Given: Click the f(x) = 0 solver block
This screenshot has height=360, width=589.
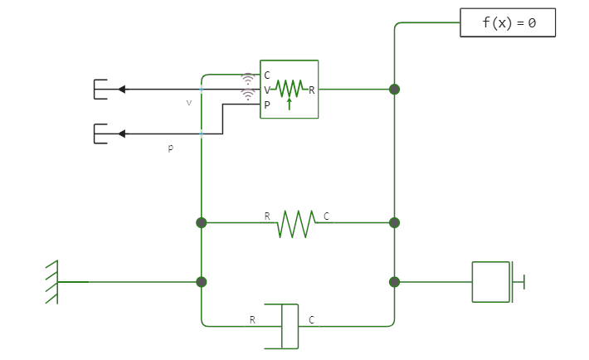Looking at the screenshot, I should pyautogui.click(x=508, y=23).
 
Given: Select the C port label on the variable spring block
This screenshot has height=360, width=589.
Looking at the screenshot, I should pyautogui.click(x=267, y=75).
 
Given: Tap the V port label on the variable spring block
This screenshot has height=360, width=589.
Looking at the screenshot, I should pyautogui.click(x=267, y=90).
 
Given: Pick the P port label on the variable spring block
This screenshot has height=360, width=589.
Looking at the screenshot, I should pyautogui.click(x=267, y=105).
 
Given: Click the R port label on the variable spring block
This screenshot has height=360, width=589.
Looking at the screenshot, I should pyautogui.click(x=312, y=90).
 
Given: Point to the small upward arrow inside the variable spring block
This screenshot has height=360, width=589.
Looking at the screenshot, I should pyautogui.click(x=289, y=104).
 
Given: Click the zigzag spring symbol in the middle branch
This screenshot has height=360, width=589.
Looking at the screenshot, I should pyautogui.click(x=296, y=223).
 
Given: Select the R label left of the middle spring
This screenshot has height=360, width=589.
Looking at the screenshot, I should pyautogui.click(x=267, y=216).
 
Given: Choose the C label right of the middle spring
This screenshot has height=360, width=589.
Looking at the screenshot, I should pyautogui.click(x=326, y=216).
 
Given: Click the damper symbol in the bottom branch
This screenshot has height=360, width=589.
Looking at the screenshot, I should pyautogui.click(x=290, y=326).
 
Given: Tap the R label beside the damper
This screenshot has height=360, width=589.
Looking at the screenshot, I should pyautogui.click(x=252, y=319).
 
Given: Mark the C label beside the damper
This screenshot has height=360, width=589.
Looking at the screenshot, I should pyautogui.click(x=312, y=319).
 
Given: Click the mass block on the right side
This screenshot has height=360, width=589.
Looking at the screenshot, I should pyautogui.click(x=491, y=282).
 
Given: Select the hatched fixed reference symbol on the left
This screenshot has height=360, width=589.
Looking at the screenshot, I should pyautogui.click(x=51, y=282).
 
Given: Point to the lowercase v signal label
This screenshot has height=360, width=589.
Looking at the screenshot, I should pyautogui.click(x=189, y=103).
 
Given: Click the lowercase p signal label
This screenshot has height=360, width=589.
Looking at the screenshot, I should pyautogui.click(x=170, y=148).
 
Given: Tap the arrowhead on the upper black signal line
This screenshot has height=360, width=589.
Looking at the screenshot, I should pyautogui.click(x=121, y=90).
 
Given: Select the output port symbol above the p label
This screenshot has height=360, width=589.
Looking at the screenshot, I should pyautogui.click(x=100, y=134).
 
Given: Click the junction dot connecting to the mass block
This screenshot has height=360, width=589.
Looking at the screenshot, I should pyautogui.click(x=395, y=282).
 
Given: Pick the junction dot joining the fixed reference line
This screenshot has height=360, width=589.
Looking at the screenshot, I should pyautogui.click(x=202, y=282).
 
